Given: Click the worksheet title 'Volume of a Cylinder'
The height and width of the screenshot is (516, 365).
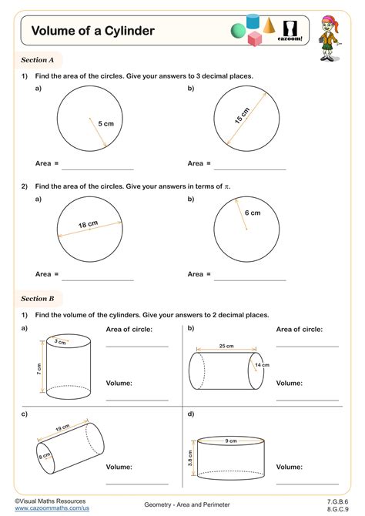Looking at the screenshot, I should pyautogui.click(x=92, y=31).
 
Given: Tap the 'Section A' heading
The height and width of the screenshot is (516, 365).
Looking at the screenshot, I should pyautogui.click(x=37, y=59).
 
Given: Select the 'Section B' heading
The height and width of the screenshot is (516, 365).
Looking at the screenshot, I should pyautogui.click(x=37, y=298).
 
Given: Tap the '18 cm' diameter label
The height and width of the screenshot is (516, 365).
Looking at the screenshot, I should pyautogui.click(x=88, y=225).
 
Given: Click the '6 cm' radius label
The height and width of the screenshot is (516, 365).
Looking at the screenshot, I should pyautogui.click(x=253, y=213).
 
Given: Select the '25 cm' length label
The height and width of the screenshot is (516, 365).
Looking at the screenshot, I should pyautogui.click(x=226, y=346).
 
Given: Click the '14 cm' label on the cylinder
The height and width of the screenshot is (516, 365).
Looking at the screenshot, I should pyautogui.click(x=262, y=365).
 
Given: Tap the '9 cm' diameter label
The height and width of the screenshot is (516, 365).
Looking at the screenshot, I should pyautogui.click(x=231, y=441).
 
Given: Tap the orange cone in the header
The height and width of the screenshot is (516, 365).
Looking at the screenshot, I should pyautogui.click(x=269, y=26).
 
